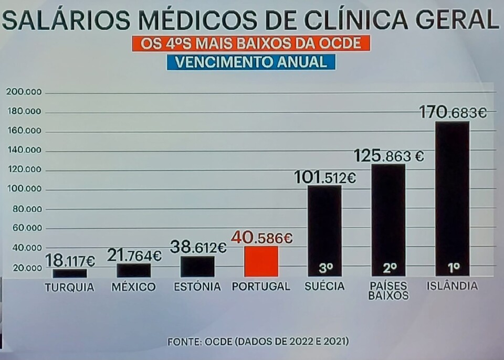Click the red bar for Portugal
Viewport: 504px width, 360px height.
[x=261, y=261]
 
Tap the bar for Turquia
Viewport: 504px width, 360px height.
[x=69, y=273]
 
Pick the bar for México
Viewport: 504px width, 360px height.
[x=133, y=270]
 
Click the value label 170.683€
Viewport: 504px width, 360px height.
[x=453, y=112]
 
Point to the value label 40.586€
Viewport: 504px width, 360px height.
[x=261, y=238]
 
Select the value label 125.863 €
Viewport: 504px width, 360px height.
[x=388, y=156]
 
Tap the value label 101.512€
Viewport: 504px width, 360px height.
[x=325, y=178]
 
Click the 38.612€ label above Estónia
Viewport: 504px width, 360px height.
[x=198, y=247]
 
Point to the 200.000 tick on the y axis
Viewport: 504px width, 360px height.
[x=24, y=92]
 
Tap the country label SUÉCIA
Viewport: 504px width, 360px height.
[x=324, y=287]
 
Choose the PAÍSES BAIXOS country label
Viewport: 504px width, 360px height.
[x=388, y=291]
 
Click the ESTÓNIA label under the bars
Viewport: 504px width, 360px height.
[x=197, y=287]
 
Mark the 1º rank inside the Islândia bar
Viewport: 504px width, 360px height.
[x=454, y=268]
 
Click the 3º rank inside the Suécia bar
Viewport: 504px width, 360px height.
[x=325, y=268]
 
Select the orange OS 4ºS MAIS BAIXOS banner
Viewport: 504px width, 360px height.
[x=251, y=43]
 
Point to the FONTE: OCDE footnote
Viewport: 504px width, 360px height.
[x=258, y=341]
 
